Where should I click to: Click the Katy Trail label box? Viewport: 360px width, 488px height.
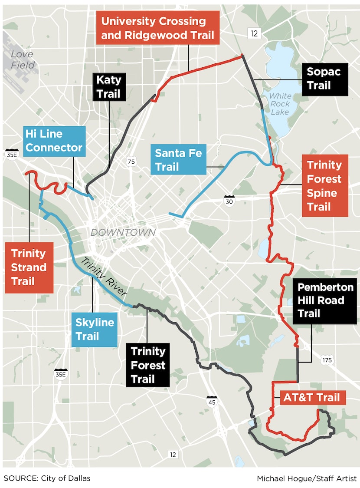pyautogui.click(x=109, y=86)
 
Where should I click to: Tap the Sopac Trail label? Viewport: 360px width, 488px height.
pyautogui.click(x=324, y=78)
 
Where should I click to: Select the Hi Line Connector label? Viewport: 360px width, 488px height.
pyautogui.click(x=54, y=141)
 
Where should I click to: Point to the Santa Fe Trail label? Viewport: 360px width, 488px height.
pyautogui.click(x=178, y=159)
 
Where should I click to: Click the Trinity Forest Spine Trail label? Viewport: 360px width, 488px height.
pyautogui.click(x=325, y=185)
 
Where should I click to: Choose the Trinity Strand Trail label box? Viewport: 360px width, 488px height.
pyautogui.click(x=29, y=267)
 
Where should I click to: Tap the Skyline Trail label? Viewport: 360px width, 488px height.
pyautogui.click(x=95, y=329)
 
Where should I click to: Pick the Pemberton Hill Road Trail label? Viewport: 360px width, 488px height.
pyautogui.click(x=325, y=300)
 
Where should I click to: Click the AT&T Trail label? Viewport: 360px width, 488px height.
pyautogui.click(x=311, y=397)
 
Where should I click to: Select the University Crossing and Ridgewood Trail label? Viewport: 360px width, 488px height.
pyautogui.click(x=158, y=28)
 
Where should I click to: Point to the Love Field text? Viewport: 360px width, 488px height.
pyautogui.click(x=23, y=59)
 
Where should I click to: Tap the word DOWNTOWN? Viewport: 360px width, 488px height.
pyautogui.click(x=123, y=233)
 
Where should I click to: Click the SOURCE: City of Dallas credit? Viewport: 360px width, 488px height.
pyautogui.click(x=47, y=478)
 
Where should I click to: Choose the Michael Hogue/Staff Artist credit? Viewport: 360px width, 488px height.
pyautogui.click(x=306, y=478)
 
